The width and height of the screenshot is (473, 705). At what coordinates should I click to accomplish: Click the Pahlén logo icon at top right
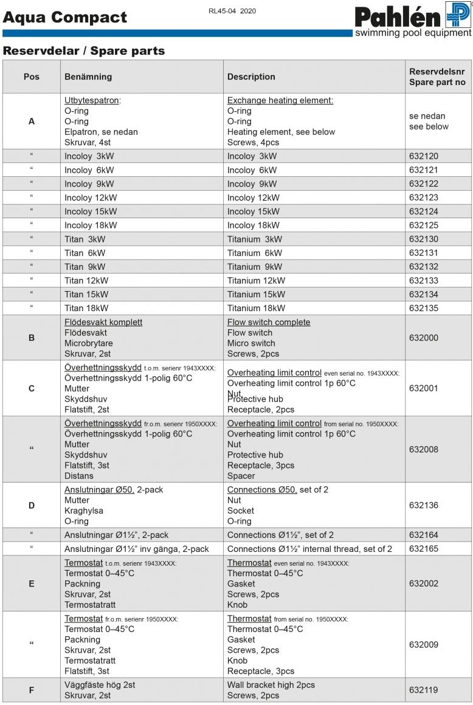[x=458, y=14]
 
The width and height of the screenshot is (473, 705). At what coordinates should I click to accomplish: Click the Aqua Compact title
[x=65, y=17]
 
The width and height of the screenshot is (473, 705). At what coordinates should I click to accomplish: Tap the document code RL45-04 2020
[x=232, y=10]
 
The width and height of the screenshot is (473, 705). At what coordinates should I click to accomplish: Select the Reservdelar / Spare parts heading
[x=84, y=51]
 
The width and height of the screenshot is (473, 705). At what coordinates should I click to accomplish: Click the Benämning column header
[x=88, y=77]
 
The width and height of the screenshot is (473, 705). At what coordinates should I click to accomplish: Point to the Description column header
[x=251, y=77]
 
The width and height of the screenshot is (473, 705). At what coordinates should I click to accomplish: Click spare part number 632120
[x=424, y=156]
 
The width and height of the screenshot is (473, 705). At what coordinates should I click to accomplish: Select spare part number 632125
[x=424, y=225]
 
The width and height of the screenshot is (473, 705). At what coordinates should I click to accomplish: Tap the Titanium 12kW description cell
[x=256, y=281]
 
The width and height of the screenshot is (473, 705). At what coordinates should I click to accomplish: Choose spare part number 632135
[x=424, y=308]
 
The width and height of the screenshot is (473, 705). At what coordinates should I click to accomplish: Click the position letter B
[x=32, y=338]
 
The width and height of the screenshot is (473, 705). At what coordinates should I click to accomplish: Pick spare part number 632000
[x=424, y=338]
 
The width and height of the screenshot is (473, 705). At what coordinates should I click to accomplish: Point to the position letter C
[x=32, y=388]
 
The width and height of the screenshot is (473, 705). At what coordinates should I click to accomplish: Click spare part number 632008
[x=424, y=449]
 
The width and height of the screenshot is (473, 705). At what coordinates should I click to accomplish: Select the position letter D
[x=32, y=505]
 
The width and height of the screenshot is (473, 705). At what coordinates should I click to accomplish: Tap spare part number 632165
[x=424, y=549]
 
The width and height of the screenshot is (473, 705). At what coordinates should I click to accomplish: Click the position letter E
[x=32, y=583]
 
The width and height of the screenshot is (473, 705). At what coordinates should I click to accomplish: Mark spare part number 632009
[x=424, y=644]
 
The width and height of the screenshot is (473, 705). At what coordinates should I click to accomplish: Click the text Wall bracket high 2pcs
[x=271, y=685]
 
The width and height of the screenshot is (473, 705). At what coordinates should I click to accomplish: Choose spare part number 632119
[x=424, y=690]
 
